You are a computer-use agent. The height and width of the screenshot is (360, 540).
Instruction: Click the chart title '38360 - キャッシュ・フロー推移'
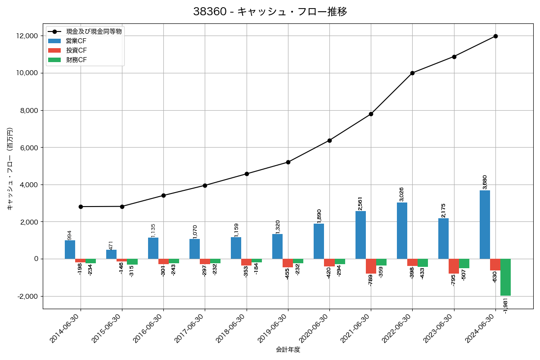click(x=270, y=12)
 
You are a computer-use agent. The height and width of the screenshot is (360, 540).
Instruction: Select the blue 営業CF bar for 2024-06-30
click(x=485, y=225)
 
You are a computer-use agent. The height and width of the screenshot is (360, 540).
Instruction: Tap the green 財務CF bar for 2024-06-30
click(x=505, y=277)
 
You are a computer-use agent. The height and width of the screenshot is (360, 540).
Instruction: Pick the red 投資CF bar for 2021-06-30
click(x=371, y=266)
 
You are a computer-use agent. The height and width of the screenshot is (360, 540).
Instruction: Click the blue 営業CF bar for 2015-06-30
click(x=111, y=254)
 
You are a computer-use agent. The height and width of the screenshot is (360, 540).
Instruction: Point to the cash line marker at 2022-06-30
click(x=412, y=73)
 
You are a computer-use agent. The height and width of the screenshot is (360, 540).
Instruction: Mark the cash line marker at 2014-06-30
click(x=81, y=207)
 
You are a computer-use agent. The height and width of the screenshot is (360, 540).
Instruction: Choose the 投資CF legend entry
click(x=76, y=50)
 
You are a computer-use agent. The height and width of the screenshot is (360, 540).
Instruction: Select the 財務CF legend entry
click(x=76, y=60)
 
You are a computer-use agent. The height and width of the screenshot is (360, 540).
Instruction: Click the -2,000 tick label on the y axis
click(x=27, y=296)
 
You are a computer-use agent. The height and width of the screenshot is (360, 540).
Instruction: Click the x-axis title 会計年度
click(x=288, y=350)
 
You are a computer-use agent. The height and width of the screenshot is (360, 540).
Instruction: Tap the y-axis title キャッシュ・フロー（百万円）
click(x=10, y=169)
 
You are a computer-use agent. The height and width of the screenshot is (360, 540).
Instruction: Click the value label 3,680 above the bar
click(x=485, y=182)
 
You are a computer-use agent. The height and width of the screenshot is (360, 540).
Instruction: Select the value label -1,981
click(x=505, y=305)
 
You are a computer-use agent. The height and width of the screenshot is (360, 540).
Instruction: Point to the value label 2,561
click(x=360, y=203)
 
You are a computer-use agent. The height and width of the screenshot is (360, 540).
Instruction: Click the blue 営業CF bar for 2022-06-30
click(x=402, y=230)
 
